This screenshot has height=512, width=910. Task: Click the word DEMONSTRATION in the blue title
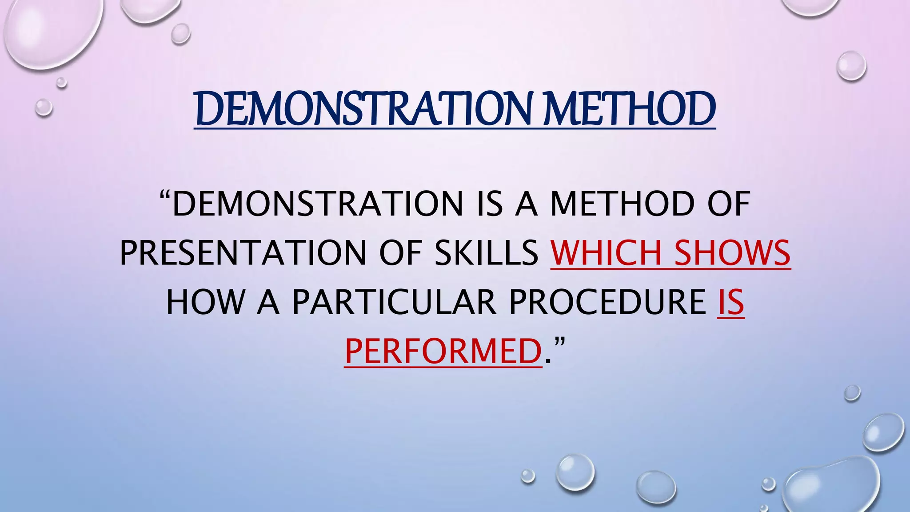(362, 109)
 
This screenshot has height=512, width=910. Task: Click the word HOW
(205, 303)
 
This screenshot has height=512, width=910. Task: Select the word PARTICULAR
(394, 303)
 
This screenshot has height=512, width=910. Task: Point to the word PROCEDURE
(607, 303)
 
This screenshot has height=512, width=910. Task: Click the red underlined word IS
(730, 303)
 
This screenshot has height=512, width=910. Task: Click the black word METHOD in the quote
(623, 204)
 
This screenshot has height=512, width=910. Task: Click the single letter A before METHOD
(526, 204)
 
